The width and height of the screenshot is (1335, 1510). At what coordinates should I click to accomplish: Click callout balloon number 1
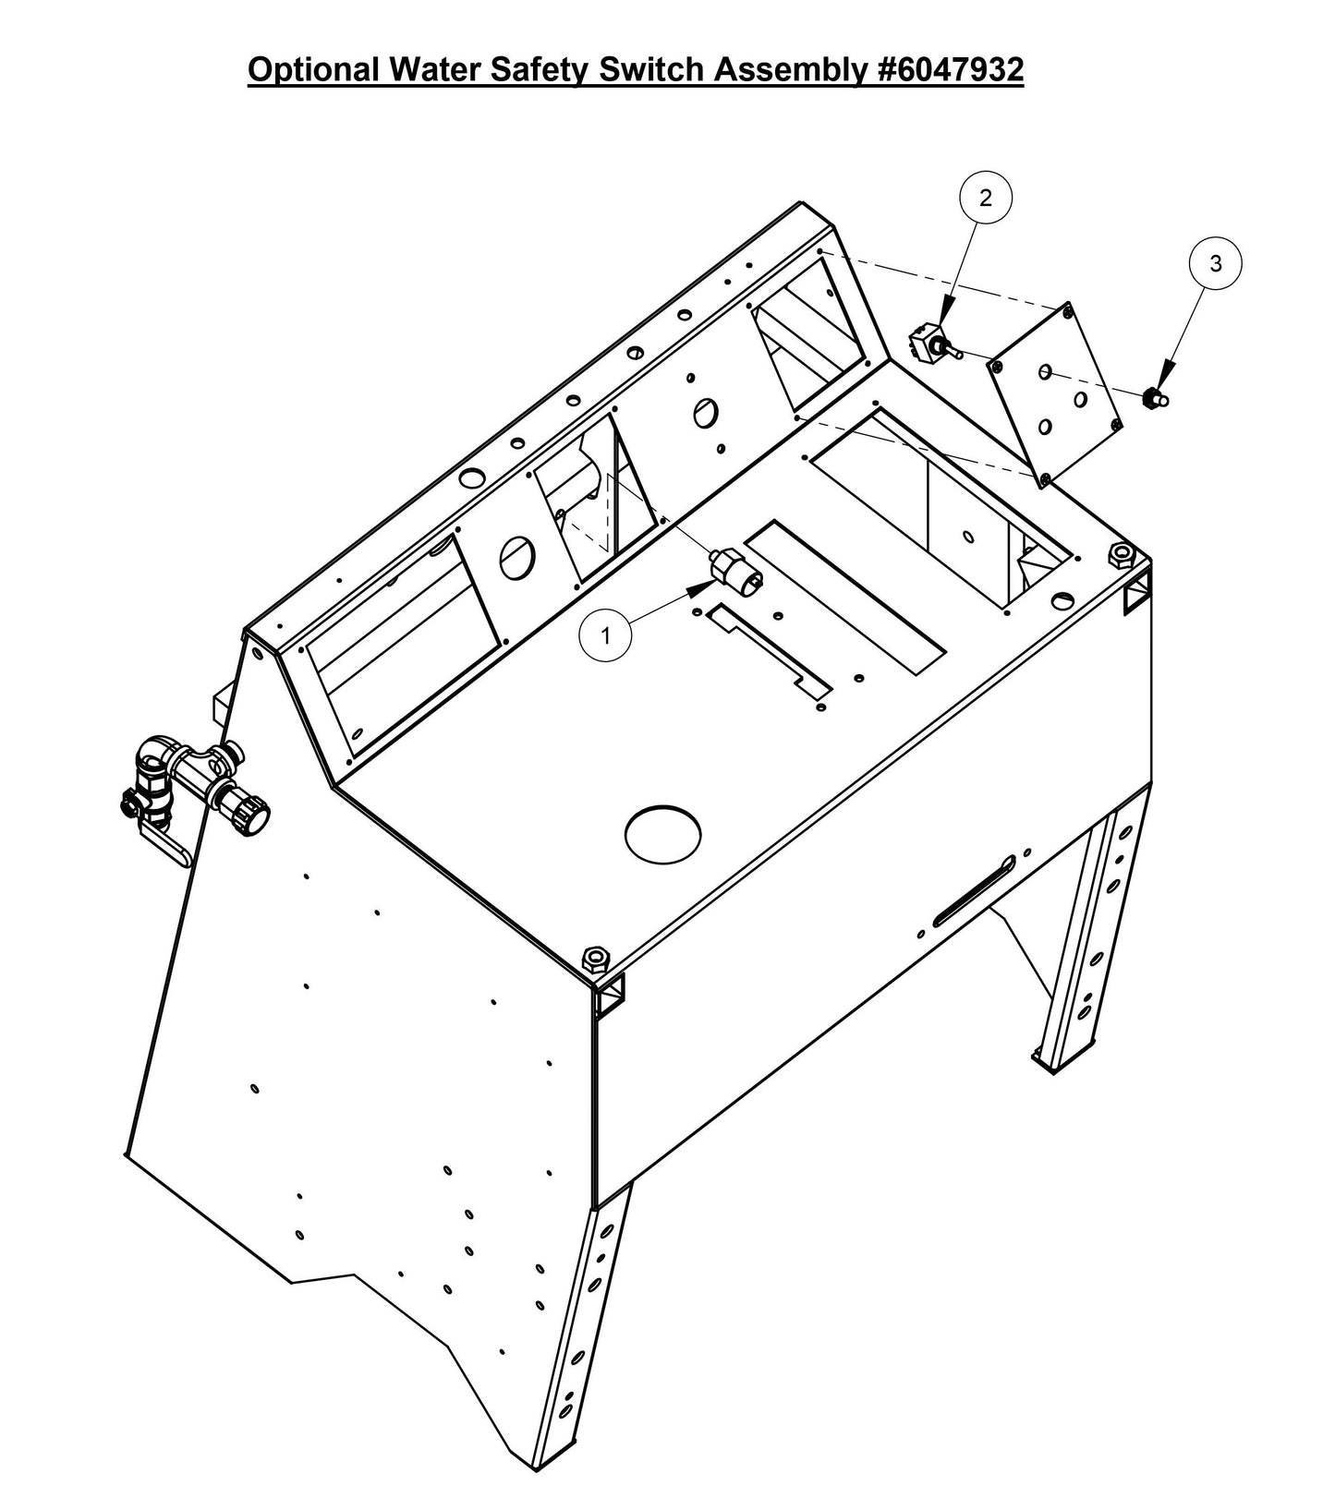tap(605, 635)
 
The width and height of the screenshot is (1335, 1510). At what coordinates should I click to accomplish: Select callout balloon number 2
tap(986, 197)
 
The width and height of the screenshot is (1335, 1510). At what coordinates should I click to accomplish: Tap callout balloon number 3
tap(1216, 263)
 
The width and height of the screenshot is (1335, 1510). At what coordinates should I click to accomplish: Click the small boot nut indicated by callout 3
tap(1153, 398)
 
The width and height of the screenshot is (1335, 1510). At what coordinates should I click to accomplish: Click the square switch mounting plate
tap(1056, 394)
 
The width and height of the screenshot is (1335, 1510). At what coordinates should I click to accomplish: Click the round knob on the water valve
tap(252, 816)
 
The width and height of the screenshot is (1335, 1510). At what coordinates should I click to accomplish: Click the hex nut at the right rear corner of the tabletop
tap(1120, 555)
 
